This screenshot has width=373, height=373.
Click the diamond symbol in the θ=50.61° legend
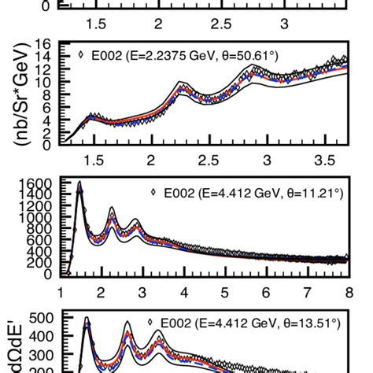click(82, 55)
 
